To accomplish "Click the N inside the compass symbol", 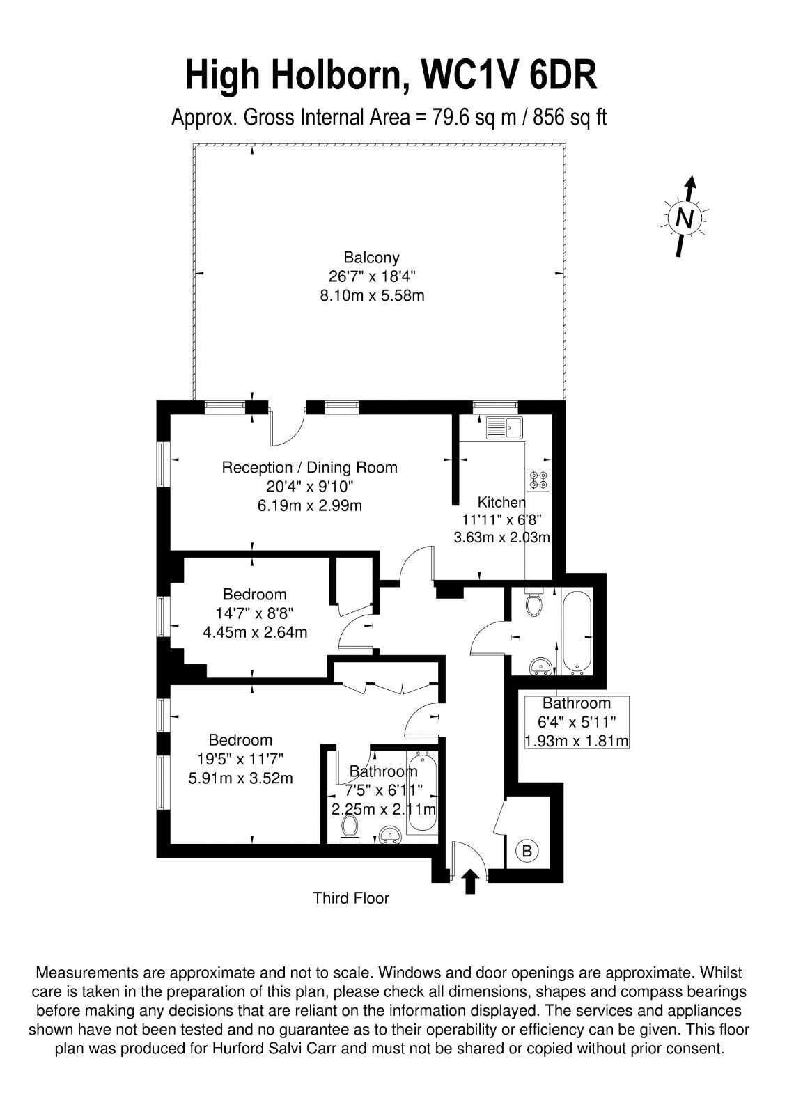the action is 685,218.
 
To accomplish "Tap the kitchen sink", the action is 504,427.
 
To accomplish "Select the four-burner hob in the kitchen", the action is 539,479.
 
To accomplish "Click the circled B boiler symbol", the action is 527,851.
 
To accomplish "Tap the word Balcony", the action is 372,258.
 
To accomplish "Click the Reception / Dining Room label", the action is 309,467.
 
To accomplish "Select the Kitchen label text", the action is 501,502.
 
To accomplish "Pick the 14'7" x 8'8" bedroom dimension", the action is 255,613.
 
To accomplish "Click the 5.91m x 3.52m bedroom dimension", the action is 241,778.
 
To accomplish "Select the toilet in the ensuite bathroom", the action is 350,828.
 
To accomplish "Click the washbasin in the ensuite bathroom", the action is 391,835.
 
